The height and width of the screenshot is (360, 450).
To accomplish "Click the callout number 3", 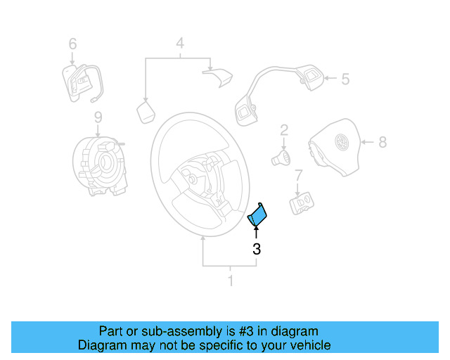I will (257, 249).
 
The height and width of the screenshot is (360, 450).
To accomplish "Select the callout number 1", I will (230, 281).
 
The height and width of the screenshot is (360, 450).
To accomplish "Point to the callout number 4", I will (180, 44).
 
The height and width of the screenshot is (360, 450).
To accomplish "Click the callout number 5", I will (345, 79).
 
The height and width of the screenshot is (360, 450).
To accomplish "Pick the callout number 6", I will (72, 44).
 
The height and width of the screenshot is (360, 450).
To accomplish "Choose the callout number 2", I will (284, 129).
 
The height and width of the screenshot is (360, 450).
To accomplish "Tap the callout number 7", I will (299, 175).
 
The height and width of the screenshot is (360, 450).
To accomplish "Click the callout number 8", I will (382, 143).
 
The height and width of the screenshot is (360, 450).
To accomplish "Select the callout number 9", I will (98, 116).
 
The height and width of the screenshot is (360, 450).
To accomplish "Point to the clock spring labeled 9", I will (101, 166).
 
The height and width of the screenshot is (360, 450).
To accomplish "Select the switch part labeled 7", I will (302, 203).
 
